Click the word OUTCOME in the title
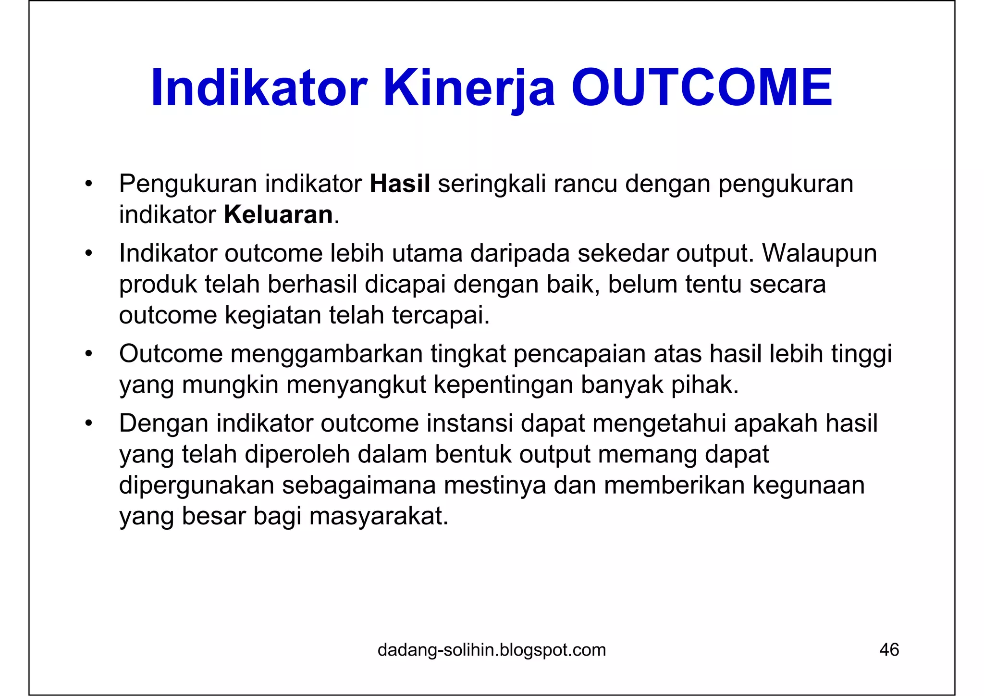tap(701, 88)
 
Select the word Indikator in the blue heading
tap(259, 88)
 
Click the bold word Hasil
tap(400, 184)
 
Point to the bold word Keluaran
tap(279, 214)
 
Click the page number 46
tap(889, 650)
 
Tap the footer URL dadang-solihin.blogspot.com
tap(492, 650)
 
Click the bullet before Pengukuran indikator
tap(88, 184)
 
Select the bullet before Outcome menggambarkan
tap(88, 354)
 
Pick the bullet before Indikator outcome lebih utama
tap(88, 254)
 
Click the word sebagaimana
tap(358, 485)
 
